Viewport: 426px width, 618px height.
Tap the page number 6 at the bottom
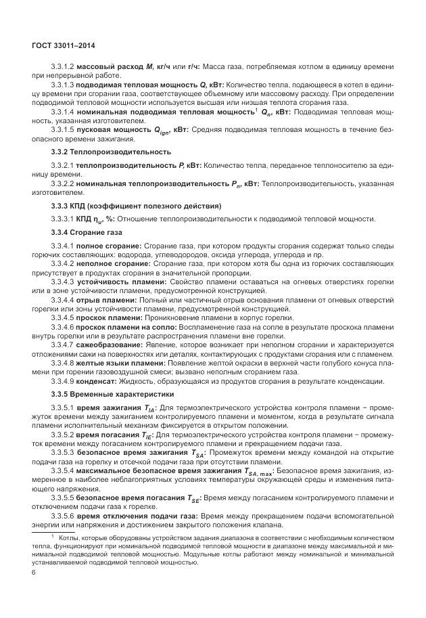click(34, 572)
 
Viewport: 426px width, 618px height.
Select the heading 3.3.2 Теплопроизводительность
click(112, 152)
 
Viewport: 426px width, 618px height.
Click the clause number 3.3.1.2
click(62, 68)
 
